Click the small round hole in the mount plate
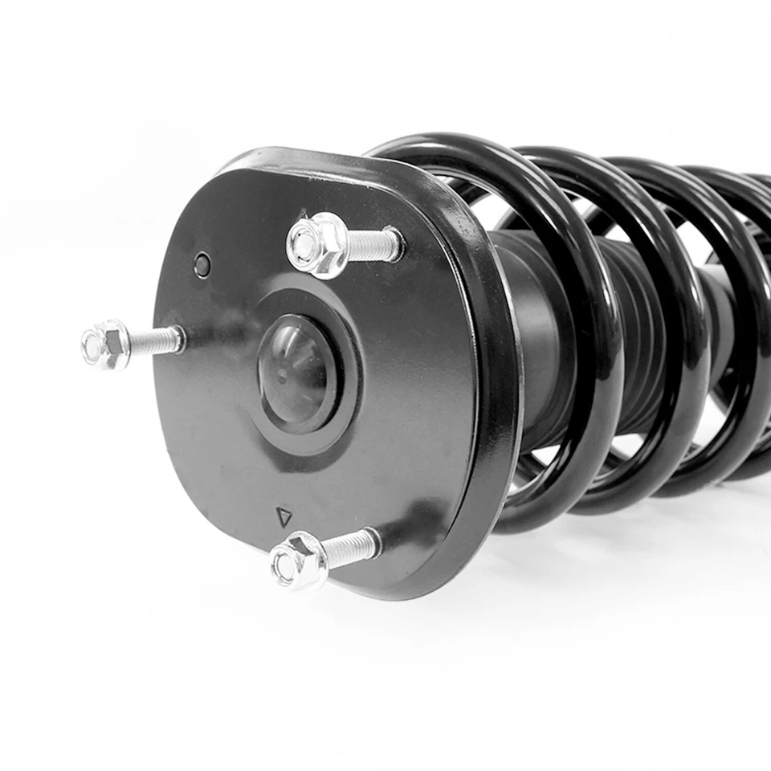coord(202,264)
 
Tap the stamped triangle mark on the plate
coord(284,516)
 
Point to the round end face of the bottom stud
coord(286,566)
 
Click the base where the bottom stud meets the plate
coord(373,544)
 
